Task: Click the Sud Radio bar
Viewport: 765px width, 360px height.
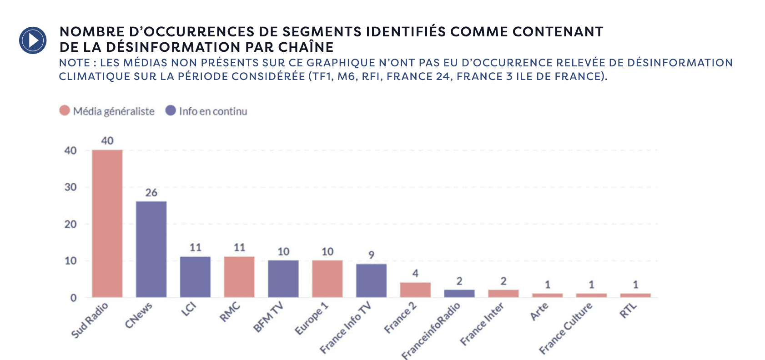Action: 107,223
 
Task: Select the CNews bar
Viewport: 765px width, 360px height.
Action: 151,249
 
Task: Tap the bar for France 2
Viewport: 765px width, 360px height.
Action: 415,290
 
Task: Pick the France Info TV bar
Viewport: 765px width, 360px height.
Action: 371,280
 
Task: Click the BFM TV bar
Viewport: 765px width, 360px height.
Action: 283,279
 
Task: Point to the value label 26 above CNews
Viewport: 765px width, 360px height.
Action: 151,193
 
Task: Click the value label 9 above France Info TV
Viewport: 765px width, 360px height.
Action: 371,255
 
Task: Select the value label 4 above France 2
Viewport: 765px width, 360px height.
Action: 415,274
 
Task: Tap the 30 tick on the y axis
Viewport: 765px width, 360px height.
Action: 70,187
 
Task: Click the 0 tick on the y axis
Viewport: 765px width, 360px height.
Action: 73,298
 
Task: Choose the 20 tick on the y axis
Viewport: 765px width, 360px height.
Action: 70,224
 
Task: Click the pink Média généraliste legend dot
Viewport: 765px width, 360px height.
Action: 65,111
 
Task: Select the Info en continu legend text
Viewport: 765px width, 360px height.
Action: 213,111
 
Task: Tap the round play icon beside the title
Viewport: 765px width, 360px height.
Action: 33,40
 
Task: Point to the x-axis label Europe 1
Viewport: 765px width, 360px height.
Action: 312,319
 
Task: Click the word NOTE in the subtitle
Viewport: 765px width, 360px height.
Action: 74,63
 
